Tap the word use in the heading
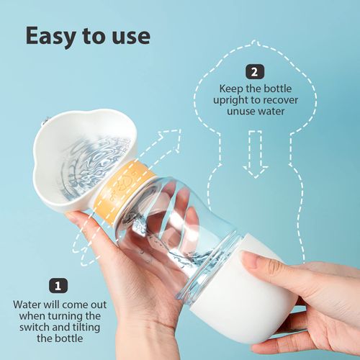(128, 37)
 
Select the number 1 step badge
(56, 285)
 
